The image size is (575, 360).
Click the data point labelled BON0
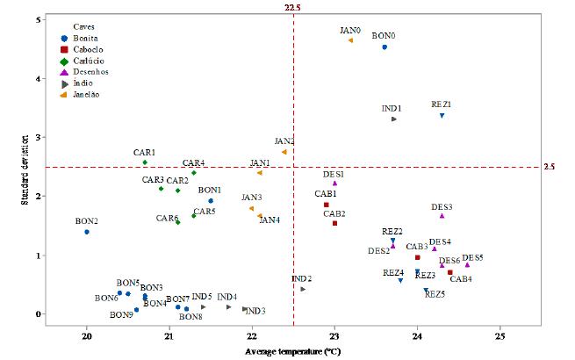point(385,47)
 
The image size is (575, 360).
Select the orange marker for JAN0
point(350,40)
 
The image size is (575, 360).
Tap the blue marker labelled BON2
point(87,232)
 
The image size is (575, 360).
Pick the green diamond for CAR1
point(145,162)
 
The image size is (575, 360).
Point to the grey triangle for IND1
point(394,119)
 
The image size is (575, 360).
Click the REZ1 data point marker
point(442,116)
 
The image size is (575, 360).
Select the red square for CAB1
point(326,205)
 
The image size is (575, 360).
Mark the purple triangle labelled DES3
point(442,215)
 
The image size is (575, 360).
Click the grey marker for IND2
point(303,289)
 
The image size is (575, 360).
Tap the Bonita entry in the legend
point(75,39)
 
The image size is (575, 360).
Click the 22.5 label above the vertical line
point(292,7)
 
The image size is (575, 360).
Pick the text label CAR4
point(194,163)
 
